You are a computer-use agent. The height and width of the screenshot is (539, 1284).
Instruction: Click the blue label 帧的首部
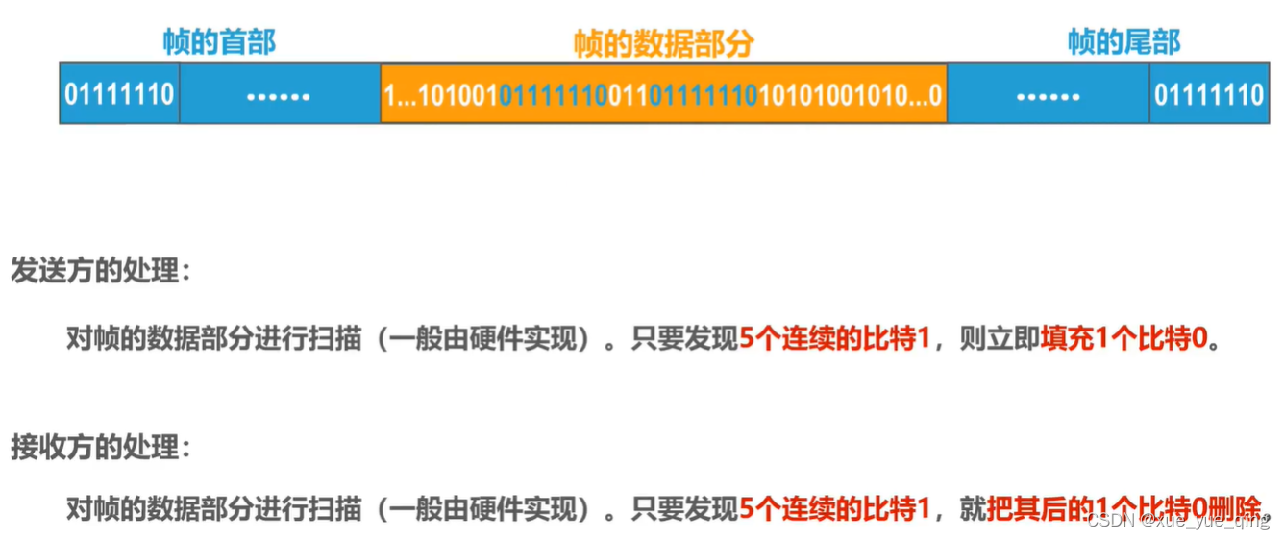(x=219, y=41)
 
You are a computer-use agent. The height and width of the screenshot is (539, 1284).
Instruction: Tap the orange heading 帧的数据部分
(x=663, y=43)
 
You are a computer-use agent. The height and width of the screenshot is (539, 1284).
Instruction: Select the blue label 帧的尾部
(x=1123, y=41)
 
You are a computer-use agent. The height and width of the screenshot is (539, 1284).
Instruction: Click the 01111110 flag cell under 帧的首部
(x=119, y=94)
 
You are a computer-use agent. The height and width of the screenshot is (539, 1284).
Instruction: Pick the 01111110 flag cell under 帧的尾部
(x=1209, y=94)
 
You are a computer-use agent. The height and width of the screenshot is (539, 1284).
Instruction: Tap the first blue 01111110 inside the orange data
(x=553, y=95)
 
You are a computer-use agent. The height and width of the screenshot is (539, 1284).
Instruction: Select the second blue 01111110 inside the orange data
(x=704, y=95)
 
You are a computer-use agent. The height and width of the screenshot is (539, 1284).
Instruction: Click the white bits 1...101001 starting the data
(x=440, y=95)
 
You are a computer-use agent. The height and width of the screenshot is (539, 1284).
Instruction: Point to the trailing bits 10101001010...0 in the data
(x=851, y=95)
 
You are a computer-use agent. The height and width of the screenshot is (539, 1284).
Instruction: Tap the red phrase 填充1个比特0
(x=1123, y=339)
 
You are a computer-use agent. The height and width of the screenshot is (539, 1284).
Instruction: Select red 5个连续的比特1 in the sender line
(x=834, y=339)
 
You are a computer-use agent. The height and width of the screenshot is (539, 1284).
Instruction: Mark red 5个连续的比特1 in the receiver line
(x=834, y=508)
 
